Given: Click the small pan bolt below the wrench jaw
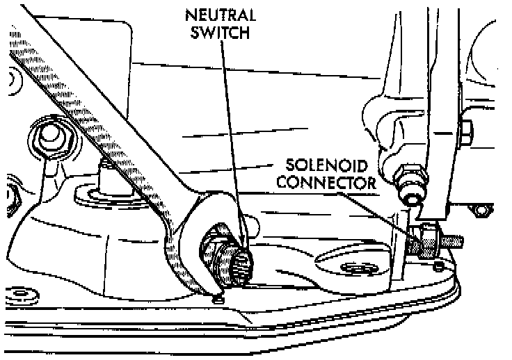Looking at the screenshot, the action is pyautogui.click(x=217, y=299).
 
